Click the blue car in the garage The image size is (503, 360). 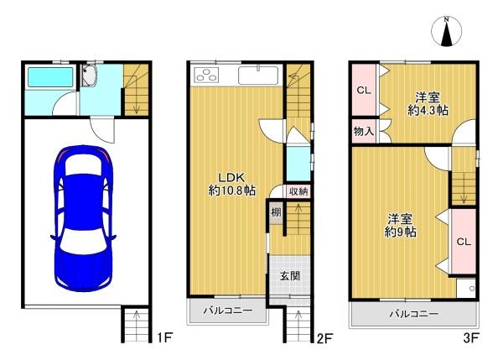83,216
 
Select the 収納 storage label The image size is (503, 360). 298,191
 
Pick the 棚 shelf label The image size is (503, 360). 275,212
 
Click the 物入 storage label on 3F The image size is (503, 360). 363,131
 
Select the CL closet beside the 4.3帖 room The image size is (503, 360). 363,90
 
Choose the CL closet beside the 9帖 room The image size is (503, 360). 463,242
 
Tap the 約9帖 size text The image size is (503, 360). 401,231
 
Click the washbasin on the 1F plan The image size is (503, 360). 91,78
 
